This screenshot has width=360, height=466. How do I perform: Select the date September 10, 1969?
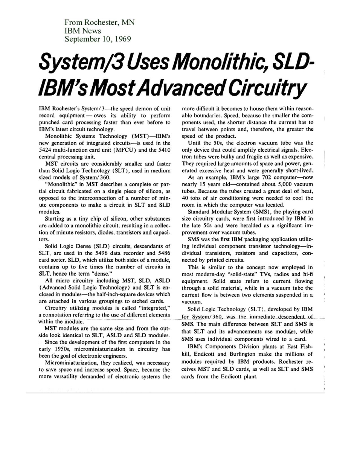point(98,39)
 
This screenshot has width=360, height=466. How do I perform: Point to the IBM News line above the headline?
point(83,30)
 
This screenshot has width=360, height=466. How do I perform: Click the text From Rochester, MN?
point(99,22)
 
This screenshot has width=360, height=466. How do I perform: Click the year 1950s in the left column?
point(62,349)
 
